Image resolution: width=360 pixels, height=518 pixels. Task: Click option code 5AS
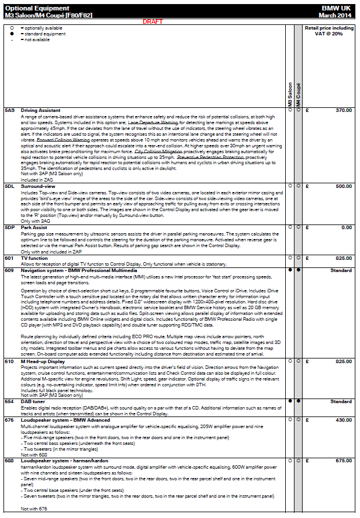[9, 110]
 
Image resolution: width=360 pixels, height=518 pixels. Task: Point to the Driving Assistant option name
[40, 110]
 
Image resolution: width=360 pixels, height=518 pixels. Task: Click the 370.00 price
[343, 110]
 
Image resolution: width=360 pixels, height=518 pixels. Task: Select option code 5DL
[9, 186]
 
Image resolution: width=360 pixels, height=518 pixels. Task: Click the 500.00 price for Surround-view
[343, 186]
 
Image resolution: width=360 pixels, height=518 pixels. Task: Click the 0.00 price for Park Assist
[347, 227]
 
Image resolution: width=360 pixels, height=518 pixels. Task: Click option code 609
[9, 270]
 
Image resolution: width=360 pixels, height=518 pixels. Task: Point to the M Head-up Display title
[43, 360]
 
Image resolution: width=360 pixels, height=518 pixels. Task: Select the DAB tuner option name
[34, 401]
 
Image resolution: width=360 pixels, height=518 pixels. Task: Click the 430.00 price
[343, 419]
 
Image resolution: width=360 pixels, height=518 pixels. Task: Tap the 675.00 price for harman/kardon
[343, 461]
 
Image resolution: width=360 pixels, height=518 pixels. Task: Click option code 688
[9, 461]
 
